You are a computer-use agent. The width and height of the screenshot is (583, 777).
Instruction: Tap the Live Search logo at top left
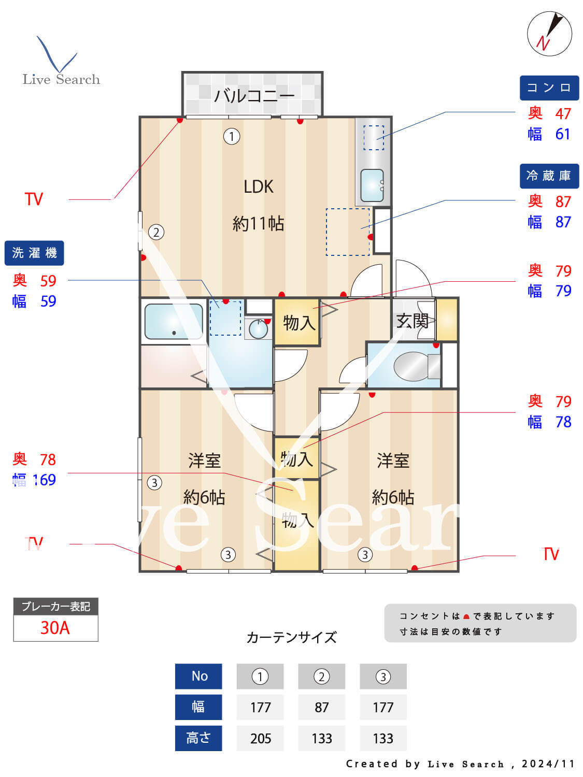click(61, 62)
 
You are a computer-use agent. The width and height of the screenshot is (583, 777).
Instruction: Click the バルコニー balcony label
click(254, 95)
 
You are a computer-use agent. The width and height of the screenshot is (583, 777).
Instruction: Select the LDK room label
click(258, 186)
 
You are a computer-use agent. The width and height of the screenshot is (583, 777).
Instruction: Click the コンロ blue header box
click(549, 88)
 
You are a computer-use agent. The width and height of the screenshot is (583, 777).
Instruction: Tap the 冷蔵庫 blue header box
click(549, 176)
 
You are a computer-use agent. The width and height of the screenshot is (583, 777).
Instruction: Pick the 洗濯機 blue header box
click(34, 253)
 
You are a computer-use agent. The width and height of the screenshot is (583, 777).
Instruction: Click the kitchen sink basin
click(372, 185)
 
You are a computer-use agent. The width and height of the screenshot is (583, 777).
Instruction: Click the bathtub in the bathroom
click(173, 322)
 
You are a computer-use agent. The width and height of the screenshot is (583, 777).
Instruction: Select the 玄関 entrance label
click(412, 321)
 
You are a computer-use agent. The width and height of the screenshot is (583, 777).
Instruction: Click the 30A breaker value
click(55, 628)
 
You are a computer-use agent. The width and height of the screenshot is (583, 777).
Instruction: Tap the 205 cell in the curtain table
click(260, 738)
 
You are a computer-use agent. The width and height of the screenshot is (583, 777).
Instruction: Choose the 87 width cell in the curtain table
click(321, 707)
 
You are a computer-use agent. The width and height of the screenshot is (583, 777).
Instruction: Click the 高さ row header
click(198, 738)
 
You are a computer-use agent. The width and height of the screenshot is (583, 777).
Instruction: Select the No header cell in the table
click(198, 676)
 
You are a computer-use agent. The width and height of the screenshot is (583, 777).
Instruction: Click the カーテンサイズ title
click(291, 637)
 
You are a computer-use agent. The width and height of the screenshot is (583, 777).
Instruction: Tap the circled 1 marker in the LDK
click(231, 137)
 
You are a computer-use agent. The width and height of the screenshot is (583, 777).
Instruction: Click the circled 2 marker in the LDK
click(156, 232)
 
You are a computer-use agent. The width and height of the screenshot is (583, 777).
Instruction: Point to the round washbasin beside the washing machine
click(258, 329)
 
